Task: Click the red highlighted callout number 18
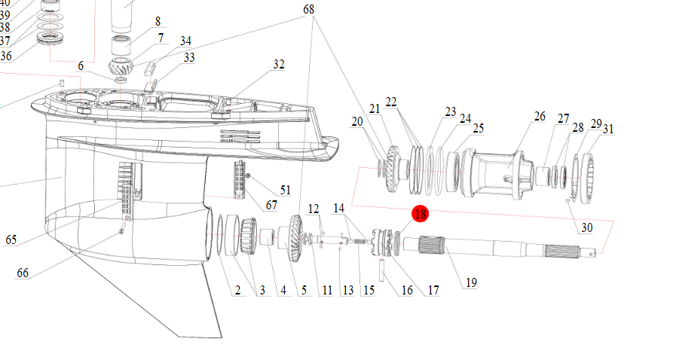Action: pyautogui.click(x=420, y=215)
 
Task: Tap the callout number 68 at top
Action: pyautogui.click(x=309, y=9)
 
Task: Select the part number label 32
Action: pyautogui.click(x=279, y=65)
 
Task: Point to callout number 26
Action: pyautogui.click(x=540, y=116)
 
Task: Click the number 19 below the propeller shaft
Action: pyautogui.click(x=471, y=283)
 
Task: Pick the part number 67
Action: pyautogui.click(x=271, y=205)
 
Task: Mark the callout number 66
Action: pyautogui.click(x=23, y=273)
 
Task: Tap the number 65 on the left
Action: pyautogui.click(x=11, y=240)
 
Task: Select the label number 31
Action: pyautogui.click(x=608, y=129)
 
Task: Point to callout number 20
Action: pyautogui.click(x=357, y=121)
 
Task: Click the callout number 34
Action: pyautogui.click(x=185, y=40)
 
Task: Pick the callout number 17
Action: pyautogui.click(x=433, y=290)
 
